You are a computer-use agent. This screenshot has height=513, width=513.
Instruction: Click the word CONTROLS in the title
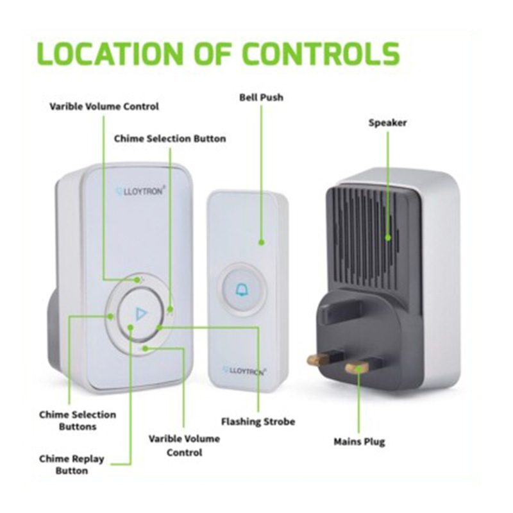click(x=321, y=54)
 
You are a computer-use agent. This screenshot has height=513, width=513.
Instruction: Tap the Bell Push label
click(x=261, y=97)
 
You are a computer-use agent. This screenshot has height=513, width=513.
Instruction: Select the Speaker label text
click(x=387, y=123)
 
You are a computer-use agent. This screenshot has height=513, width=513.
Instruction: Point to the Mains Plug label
click(x=359, y=442)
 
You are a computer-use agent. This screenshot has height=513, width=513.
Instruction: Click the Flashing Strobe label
click(x=258, y=422)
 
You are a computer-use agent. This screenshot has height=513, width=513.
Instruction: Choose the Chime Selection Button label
click(x=170, y=139)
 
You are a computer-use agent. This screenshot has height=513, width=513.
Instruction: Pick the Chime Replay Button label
click(x=72, y=464)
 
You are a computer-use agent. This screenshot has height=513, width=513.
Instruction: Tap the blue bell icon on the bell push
click(x=242, y=290)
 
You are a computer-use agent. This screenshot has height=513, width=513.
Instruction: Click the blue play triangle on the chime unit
click(x=141, y=314)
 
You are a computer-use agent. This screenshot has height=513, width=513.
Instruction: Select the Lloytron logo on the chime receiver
click(x=140, y=190)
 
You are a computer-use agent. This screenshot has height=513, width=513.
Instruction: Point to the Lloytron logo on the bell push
click(x=244, y=371)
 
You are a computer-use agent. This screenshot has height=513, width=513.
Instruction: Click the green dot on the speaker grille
click(x=388, y=237)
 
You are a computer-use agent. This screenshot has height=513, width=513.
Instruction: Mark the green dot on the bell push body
click(x=261, y=242)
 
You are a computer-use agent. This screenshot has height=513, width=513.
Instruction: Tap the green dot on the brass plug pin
click(x=359, y=369)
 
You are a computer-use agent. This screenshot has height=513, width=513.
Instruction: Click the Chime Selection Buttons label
click(x=78, y=421)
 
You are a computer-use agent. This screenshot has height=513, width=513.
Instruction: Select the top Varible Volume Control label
click(x=104, y=106)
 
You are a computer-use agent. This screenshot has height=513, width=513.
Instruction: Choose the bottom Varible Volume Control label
click(x=184, y=446)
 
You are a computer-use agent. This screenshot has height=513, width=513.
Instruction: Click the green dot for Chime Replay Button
click(x=131, y=327)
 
